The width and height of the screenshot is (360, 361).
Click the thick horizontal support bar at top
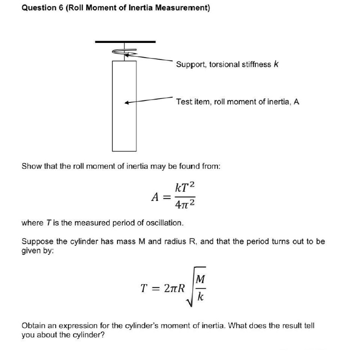click(x=125, y=42)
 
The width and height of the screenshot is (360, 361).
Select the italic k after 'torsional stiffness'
click(x=276, y=64)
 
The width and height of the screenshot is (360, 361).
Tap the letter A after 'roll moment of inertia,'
click(x=296, y=101)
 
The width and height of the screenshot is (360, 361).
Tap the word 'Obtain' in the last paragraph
click(x=34, y=326)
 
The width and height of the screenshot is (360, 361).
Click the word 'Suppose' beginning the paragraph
click(x=37, y=242)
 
